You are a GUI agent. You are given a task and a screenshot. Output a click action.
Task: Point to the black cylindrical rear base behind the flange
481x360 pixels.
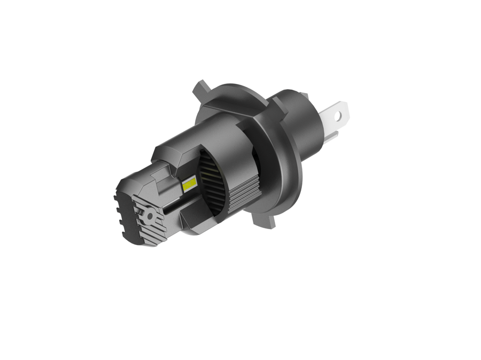click(x=299, y=123)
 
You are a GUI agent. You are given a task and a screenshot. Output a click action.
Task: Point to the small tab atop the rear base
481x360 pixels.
click(x=304, y=96)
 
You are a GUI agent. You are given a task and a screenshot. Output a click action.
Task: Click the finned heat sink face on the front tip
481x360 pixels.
click(x=147, y=219)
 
